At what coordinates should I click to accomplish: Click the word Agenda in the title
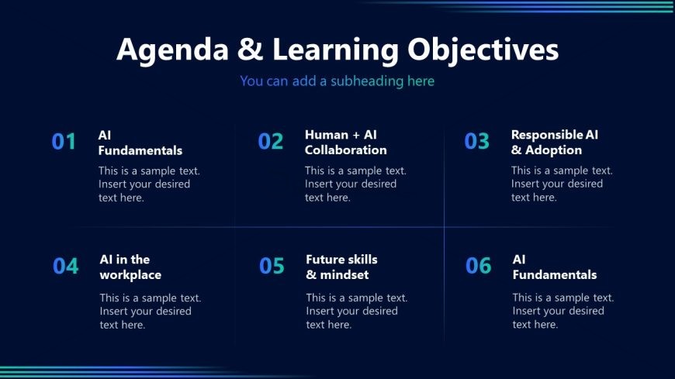point(172,50)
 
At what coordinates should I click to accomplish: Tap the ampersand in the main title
point(250,49)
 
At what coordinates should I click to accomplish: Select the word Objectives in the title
point(483,50)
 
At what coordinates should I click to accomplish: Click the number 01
point(64,142)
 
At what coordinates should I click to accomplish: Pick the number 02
point(271,141)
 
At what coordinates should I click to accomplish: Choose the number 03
point(477,141)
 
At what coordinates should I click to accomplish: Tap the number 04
point(66,266)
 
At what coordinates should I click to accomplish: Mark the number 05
point(272,265)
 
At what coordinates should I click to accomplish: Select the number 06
point(478,265)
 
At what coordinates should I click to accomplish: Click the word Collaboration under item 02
point(346,150)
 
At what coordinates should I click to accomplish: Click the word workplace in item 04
point(130,275)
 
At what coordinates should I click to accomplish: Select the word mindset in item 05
point(344,275)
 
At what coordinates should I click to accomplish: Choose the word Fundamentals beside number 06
point(555,275)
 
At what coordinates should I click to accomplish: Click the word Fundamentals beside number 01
point(140,150)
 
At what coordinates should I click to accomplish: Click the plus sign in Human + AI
point(356,136)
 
